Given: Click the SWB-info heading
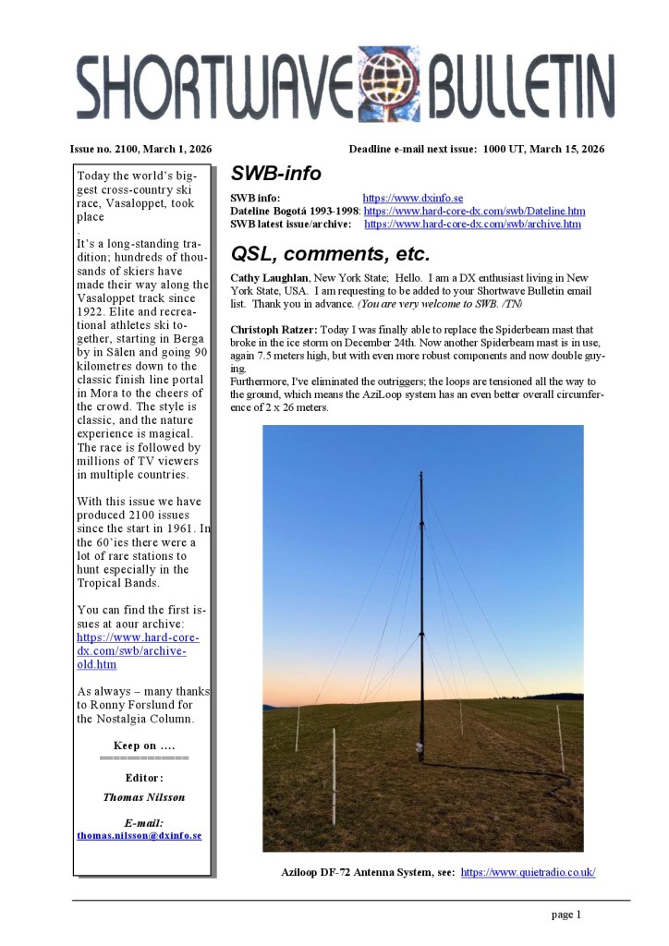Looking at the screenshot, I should click(275, 175).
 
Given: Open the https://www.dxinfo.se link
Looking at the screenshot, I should click(412, 198).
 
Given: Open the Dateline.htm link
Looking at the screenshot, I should click(474, 211).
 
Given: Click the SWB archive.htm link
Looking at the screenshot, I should click(472, 224).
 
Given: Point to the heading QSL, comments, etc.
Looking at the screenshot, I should click(330, 254).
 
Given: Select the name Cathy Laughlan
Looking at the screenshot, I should click(270, 278).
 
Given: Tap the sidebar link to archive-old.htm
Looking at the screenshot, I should click(138, 650).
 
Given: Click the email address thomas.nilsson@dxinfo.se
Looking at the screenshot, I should click(139, 835).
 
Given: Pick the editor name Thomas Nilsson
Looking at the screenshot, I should click(143, 796).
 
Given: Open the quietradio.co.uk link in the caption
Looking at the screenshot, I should click(528, 872).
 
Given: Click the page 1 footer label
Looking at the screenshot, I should click(566, 916).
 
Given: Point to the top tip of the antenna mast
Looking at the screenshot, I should click(421, 473).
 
